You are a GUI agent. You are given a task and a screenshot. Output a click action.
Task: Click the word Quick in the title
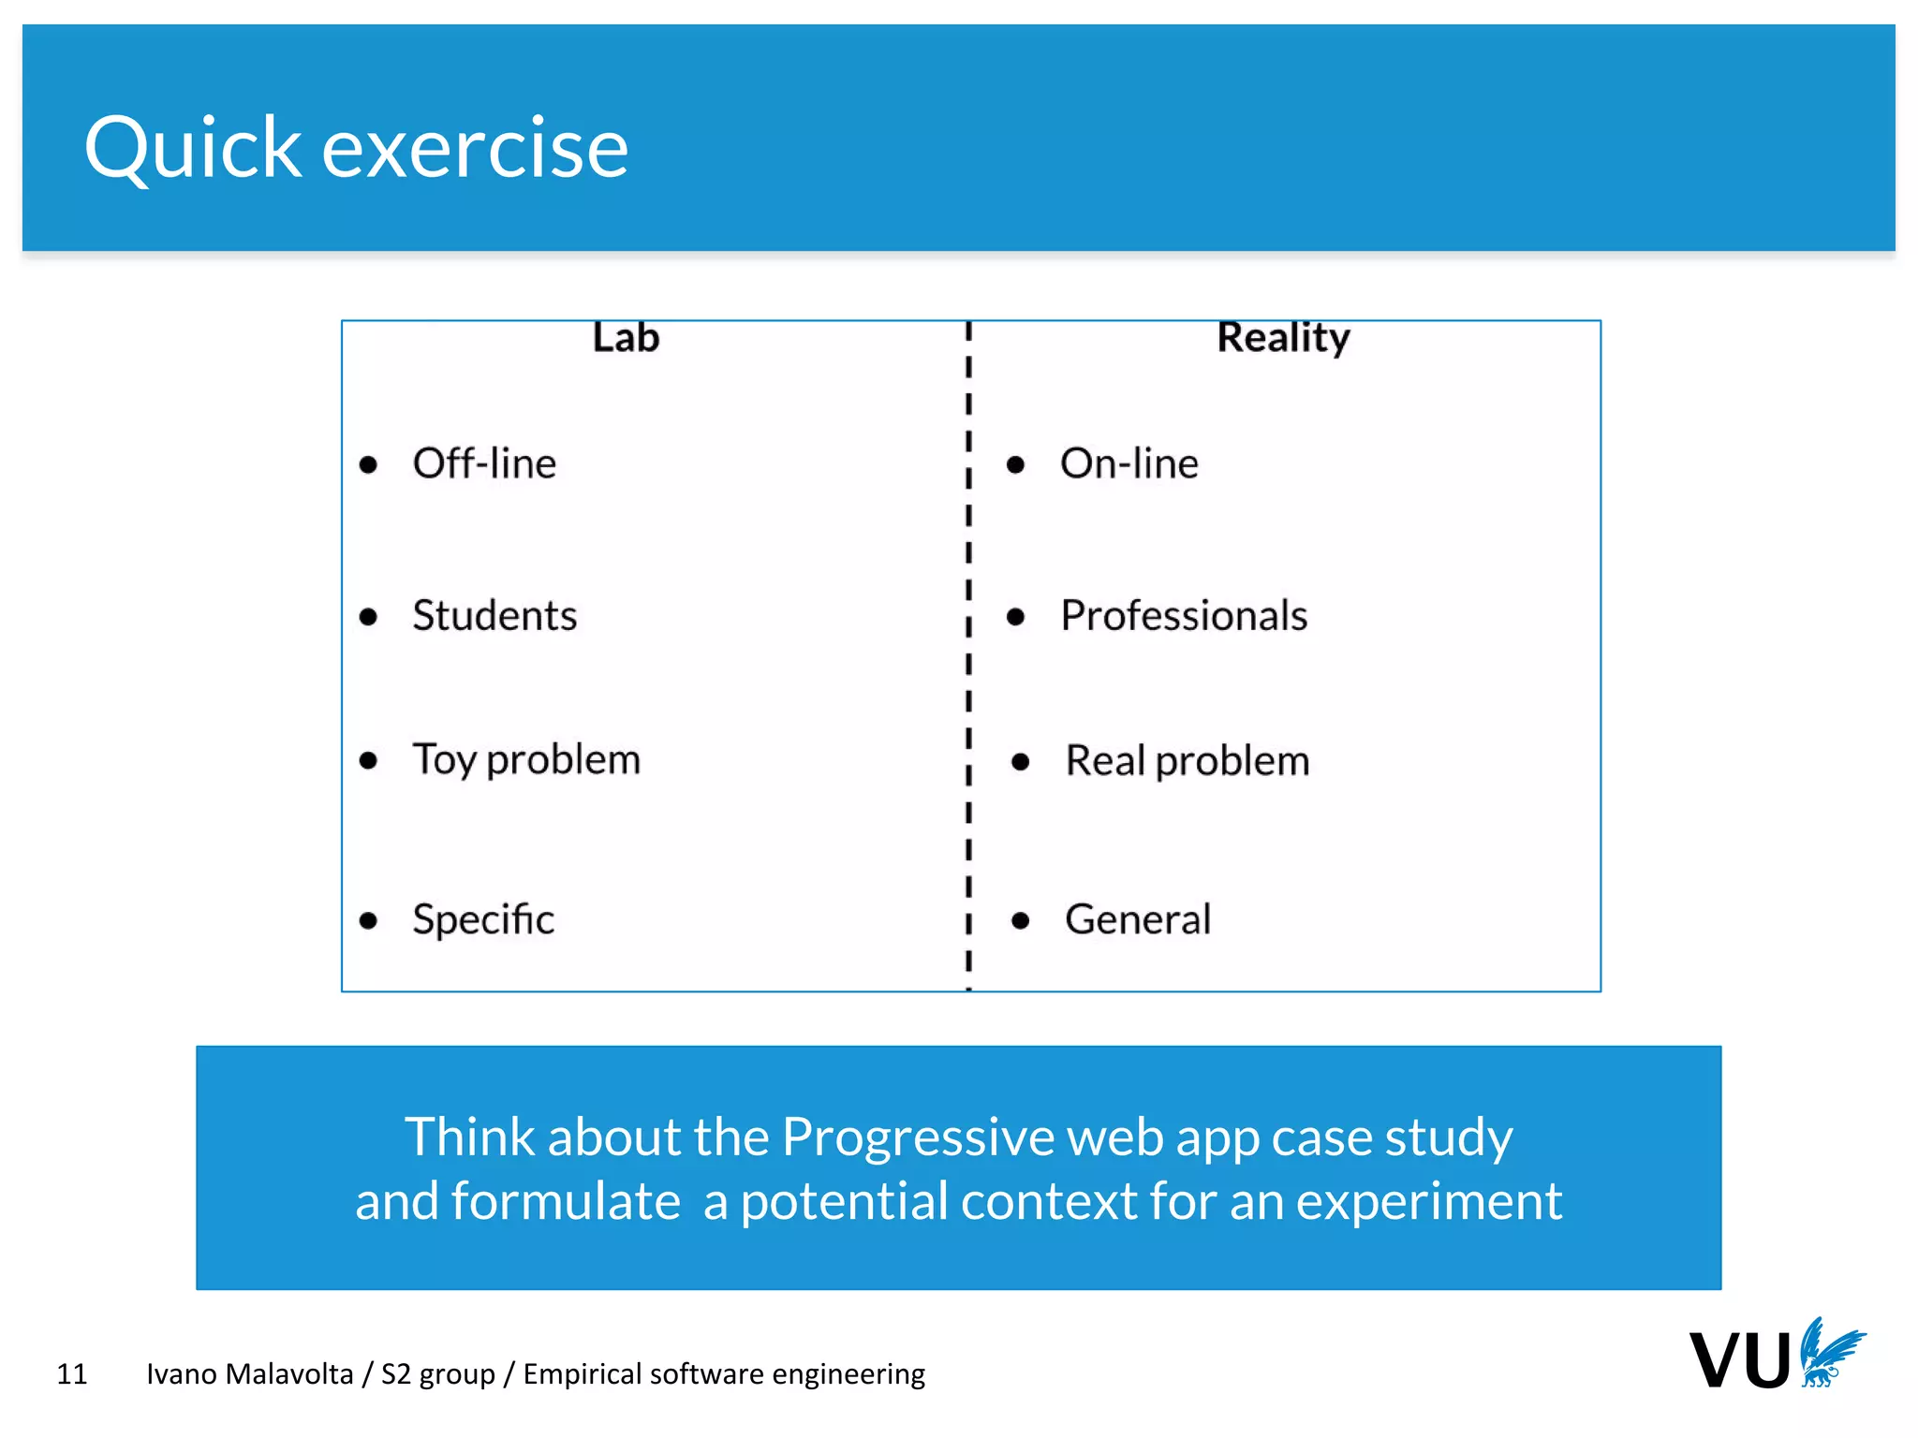click(x=192, y=148)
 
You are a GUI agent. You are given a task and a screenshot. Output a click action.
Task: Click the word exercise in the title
click(x=475, y=148)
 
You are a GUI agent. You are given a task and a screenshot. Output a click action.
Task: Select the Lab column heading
click(x=626, y=337)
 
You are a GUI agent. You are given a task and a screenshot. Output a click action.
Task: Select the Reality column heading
click(x=1283, y=337)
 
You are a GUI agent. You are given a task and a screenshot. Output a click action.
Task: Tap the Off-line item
click(x=484, y=463)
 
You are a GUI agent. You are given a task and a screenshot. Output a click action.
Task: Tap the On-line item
click(x=1129, y=463)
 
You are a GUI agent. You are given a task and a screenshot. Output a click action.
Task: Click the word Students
click(x=494, y=615)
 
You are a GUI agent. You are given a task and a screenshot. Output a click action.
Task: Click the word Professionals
click(x=1184, y=615)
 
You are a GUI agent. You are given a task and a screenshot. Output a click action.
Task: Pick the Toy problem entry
click(x=526, y=759)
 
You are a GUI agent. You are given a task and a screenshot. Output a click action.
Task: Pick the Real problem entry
click(x=1187, y=760)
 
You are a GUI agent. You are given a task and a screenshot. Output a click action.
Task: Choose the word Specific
click(x=483, y=919)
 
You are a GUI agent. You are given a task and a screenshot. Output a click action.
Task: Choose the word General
click(x=1138, y=919)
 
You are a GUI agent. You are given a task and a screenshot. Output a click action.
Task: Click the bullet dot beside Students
click(x=368, y=617)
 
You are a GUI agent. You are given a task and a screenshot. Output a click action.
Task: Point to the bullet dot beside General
click(x=1021, y=921)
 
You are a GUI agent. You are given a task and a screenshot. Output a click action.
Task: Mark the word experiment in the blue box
click(x=1428, y=1201)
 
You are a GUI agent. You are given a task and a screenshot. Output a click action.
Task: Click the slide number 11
click(x=72, y=1373)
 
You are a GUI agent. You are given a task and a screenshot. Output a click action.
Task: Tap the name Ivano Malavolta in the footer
click(x=249, y=1373)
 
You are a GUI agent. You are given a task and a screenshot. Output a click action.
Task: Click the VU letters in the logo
click(x=1739, y=1360)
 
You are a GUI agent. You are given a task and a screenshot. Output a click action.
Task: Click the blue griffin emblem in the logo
click(x=1829, y=1352)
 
